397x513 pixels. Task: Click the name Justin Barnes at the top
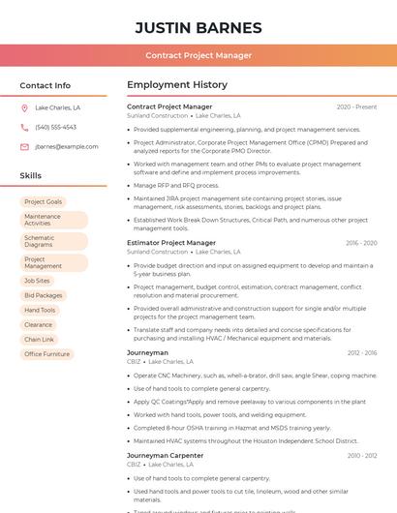(x=198, y=28)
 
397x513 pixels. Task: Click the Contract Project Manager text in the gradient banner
(x=198, y=55)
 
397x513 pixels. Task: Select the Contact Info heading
(x=46, y=85)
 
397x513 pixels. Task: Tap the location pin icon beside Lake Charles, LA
(x=24, y=108)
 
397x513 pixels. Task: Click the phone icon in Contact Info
(x=24, y=128)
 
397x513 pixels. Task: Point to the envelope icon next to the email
(x=24, y=147)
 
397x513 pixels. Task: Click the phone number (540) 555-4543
(x=55, y=128)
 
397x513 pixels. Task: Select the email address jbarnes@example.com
(x=66, y=147)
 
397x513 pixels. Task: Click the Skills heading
(x=31, y=175)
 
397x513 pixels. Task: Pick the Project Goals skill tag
(x=43, y=202)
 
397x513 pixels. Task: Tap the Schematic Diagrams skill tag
(x=40, y=241)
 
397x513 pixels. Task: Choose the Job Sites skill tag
(x=37, y=281)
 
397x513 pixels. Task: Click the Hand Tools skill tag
(x=40, y=310)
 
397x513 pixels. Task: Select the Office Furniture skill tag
(x=46, y=354)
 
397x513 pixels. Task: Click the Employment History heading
(x=176, y=85)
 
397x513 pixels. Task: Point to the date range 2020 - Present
(x=356, y=106)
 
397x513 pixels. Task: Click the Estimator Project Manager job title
(x=171, y=243)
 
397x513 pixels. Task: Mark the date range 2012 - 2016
(x=362, y=353)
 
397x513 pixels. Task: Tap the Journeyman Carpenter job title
(x=165, y=455)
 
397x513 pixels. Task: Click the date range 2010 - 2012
(x=362, y=455)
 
